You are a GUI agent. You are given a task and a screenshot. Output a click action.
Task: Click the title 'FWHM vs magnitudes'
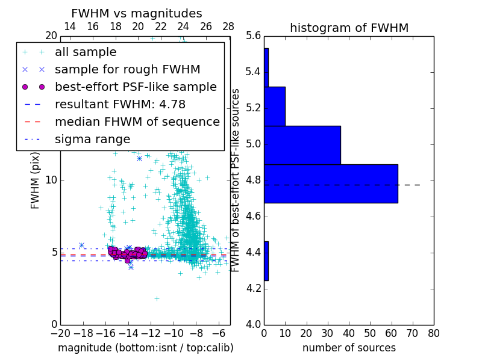pyautogui.click(x=137, y=13)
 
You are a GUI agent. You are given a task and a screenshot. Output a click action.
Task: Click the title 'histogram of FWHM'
pyautogui.click(x=349, y=28)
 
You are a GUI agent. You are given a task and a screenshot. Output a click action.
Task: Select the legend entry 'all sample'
pyautogui.click(x=86, y=52)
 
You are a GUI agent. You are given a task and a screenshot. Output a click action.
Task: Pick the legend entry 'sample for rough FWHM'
pyautogui.click(x=127, y=69)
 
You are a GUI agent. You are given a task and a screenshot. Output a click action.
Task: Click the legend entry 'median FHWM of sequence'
pyautogui.click(x=137, y=122)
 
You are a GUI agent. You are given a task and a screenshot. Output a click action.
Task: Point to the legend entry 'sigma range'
pyautogui.click(x=92, y=139)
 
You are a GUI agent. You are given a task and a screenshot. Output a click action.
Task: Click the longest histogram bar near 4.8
pyautogui.click(x=331, y=184)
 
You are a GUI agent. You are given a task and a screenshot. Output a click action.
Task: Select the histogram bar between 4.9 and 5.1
pyautogui.click(x=302, y=145)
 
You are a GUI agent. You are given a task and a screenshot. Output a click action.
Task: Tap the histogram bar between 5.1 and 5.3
pyautogui.click(x=275, y=106)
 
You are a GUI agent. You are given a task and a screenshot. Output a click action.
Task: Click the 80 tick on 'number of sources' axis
pyautogui.click(x=433, y=333)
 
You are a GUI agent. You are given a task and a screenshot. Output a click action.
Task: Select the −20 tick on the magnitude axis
pyautogui.click(x=60, y=333)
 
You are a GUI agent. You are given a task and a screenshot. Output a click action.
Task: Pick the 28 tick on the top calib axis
pyautogui.click(x=228, y=26)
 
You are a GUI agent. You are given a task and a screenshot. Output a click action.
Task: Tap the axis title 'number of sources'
pyautogui.click(x=349, y=348)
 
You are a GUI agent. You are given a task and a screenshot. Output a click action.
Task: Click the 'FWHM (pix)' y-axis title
pyautogui.click(x=36, y=180)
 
